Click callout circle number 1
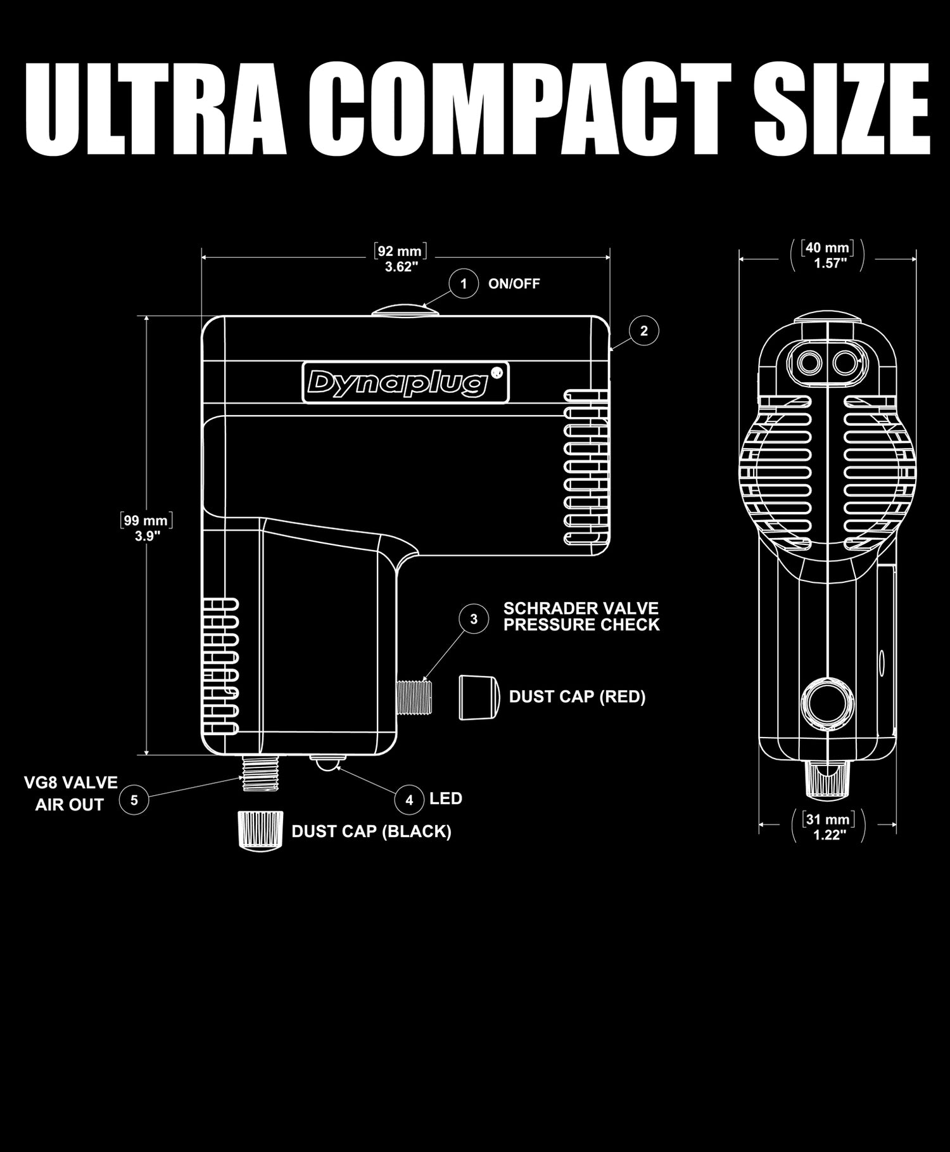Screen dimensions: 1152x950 pyautogui.click(x=464, y=284)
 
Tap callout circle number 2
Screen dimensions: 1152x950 pyautogui.click(x=644, y=331)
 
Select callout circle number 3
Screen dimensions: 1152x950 pyautogui.click(x=474, y=619)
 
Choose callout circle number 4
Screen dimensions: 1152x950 pyautogui.click(x=409, y=800)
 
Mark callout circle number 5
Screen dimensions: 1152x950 pyautogui.click(x=134, y=800)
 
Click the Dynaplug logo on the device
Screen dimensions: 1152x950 pyautogui.click(x=405, y=382)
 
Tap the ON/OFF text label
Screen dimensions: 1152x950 pyautogui.click(x=514, y=284)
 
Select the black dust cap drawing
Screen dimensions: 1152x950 pyautogui.click(x=258, y=831)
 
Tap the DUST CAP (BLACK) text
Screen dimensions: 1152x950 pyautogui.click(x=371, y=831)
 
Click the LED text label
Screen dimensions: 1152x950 pyautogui.click(x=446, y=798)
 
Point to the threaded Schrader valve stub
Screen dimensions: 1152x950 pyautogui.click(x=412, y=697)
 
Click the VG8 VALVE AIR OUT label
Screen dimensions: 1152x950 pyautogui.click(x=70, y=793)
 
